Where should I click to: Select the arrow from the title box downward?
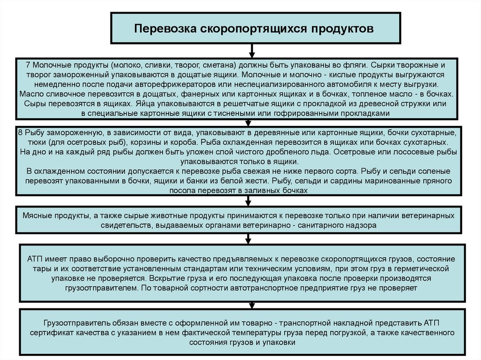coord(252,50)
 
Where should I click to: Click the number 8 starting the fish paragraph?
coord(20,132)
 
